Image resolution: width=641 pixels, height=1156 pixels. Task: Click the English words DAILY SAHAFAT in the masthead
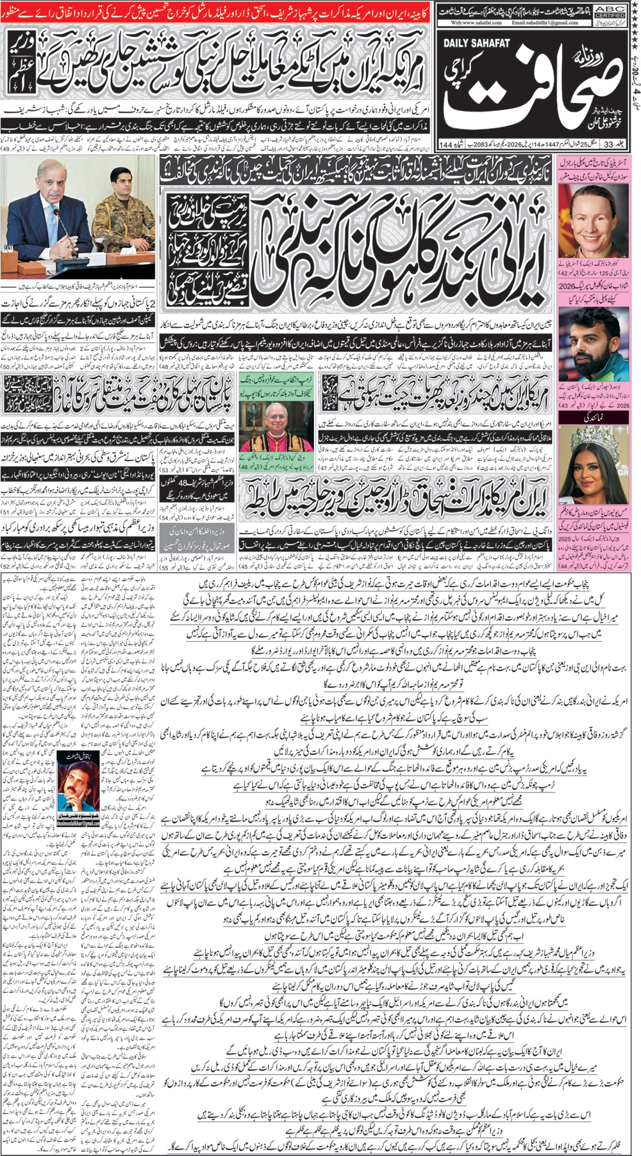point(475,43)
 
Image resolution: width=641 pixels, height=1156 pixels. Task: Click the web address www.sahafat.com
point(477,22)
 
